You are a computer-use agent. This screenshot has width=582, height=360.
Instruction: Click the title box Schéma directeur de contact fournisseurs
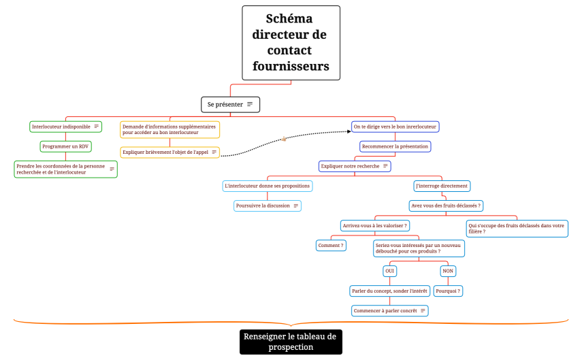(x=291, y=42)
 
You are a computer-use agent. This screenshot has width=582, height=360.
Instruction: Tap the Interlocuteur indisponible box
(x=66, y=127)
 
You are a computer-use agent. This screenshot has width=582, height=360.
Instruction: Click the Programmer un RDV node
(x=65, y=146)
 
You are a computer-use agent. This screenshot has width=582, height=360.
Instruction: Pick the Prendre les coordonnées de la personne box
(x=65, y=169)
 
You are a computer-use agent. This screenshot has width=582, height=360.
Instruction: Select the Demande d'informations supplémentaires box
(x=169, y=129)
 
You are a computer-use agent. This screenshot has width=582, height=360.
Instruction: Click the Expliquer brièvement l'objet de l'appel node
(x=169, y=152)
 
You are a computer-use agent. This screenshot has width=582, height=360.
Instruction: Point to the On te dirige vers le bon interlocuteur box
(x=395, y=127)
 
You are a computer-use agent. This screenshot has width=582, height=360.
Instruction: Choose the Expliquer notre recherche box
(x=355, y=166)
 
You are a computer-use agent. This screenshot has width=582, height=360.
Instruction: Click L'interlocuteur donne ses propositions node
(x=267, y=186)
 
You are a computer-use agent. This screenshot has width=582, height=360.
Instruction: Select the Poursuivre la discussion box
(x=267, y=206)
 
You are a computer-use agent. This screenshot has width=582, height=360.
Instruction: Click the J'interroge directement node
(x=442, y=186)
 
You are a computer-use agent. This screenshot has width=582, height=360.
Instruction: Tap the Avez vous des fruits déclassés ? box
(x=446, y=206)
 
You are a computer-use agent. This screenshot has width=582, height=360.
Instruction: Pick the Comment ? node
(x=331, y=245)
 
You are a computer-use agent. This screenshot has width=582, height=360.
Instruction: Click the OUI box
(x=390, y=271)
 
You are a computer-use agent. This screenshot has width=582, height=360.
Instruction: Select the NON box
(x=447, y=271)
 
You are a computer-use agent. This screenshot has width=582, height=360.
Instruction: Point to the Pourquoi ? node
(x=448, y=291)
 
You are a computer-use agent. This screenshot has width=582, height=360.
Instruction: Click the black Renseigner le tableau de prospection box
(x=291, y=342)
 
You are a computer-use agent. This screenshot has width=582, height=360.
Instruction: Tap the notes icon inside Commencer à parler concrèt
(x=423, y=310)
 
